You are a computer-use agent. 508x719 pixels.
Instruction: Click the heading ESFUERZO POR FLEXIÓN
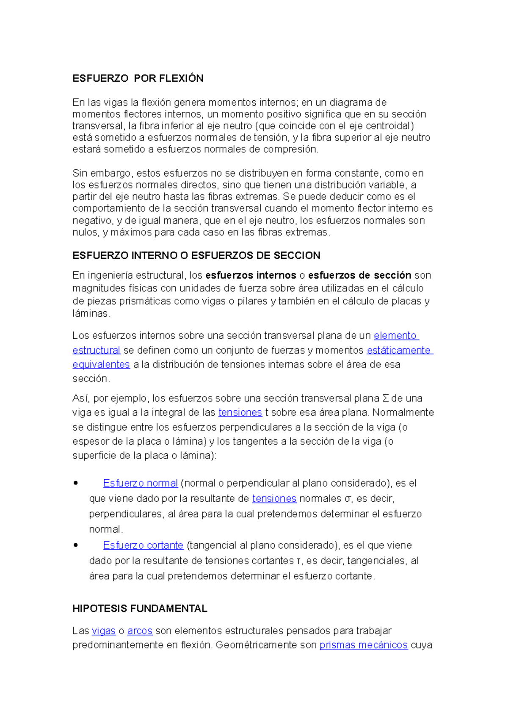coord(138,78)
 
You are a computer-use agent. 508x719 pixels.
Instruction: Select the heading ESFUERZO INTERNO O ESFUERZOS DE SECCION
coord(196,255)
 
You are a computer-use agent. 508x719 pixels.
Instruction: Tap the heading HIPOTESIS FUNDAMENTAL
coord(140,609)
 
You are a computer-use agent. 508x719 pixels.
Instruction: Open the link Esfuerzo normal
coord(140,483)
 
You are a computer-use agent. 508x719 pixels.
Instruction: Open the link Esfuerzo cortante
coord(143,545)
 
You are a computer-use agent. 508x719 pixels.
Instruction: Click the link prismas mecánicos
coord(363,645)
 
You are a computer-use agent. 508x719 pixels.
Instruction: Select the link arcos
coord(140,631)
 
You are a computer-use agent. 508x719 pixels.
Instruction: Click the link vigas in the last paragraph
coord(103,631)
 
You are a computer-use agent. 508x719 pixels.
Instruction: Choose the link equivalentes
coord(101,365)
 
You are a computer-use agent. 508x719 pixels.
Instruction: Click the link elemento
coord(395,336)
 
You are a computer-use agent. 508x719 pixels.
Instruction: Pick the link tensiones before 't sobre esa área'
coord(240,412)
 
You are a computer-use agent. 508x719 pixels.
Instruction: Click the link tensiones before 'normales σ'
coord(274,499)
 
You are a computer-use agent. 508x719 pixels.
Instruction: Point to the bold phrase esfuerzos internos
coord(251,275)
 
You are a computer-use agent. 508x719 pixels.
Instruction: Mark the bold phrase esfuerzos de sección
coord(359,275)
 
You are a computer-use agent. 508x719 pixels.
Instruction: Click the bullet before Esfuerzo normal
coord(76,483)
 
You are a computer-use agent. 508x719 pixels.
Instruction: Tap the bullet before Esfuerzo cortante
coord(76,545)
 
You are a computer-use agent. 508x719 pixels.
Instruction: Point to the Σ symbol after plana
coord(385,398)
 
